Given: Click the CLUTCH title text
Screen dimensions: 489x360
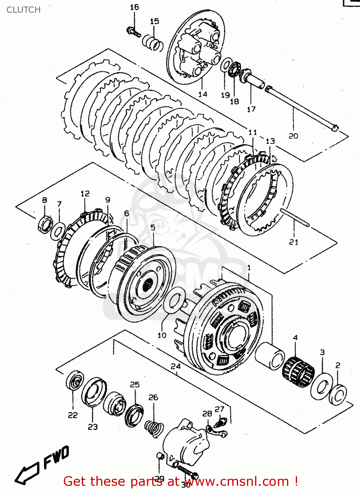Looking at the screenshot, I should pyautogui.click(x=23, y=10).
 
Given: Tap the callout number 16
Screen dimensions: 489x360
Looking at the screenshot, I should pyautogui.click(x=134, y=7).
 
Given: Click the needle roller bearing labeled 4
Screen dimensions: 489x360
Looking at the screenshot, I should pyautogui.click(x=298, y=372).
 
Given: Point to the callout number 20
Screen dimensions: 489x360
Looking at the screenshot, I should pyautogui.click(x=293, y=136).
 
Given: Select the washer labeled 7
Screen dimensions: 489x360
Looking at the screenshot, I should pyautogui.click(x=58, y=231).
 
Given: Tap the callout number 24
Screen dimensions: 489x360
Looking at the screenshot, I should pyautogui.click(x=176, y=366).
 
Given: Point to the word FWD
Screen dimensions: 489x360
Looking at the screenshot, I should pyautogui.click(x=56, y=457).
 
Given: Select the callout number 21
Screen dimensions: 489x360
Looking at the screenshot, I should pyautogui.click(x=294, y=242).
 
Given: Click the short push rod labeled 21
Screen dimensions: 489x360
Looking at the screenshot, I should pyautogui.click(x=295, y=217).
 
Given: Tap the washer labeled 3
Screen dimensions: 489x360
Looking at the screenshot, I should pyautogui.click(x=322, y=387).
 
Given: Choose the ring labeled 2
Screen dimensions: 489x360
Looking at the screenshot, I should pyautogui.click(x=338, y=394).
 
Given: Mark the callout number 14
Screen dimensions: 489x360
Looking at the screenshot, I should pyautogui.click(x=203, y=94).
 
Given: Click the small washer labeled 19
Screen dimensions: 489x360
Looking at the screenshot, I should pyautogui.click(x=226, y=65).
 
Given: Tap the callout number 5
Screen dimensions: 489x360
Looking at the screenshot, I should pyautogui.click(x=153, y=227).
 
